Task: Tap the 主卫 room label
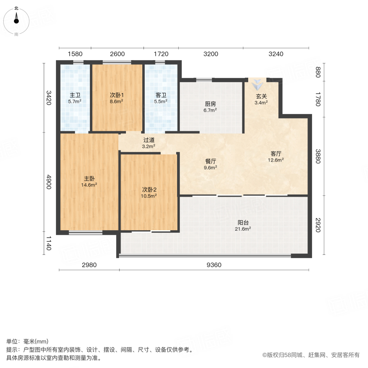point(75,95)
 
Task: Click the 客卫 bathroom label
point(161,95)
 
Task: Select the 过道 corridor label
point(148,140)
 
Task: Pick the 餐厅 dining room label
point(211,161)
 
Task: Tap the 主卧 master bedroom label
point(90,179)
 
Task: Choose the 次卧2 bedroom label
point(149,190)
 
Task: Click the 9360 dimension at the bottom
point(213,265)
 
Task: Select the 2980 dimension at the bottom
point(89,265)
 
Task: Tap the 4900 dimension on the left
point(48,182)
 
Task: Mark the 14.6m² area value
point(90,185)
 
